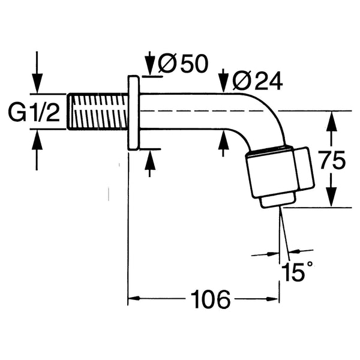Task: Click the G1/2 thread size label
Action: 35,112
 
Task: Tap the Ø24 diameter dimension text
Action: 252,80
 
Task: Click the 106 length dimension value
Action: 210,299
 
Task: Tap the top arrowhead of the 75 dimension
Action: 329,119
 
